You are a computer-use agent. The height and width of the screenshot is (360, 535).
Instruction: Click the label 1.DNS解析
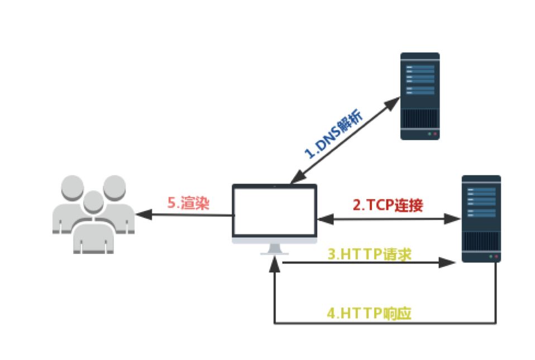(335, 135)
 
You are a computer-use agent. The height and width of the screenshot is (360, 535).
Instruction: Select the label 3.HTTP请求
(369, 254)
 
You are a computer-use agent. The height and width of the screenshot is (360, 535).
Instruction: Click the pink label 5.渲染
(188, 203)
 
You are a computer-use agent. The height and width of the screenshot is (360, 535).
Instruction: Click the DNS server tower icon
(420, 96)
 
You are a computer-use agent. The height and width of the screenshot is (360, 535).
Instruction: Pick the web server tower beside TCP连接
(481, 218)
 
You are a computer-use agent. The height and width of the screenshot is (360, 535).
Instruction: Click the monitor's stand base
(275, 252)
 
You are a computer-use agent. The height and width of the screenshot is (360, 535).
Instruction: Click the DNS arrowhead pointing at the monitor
(293, 180)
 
